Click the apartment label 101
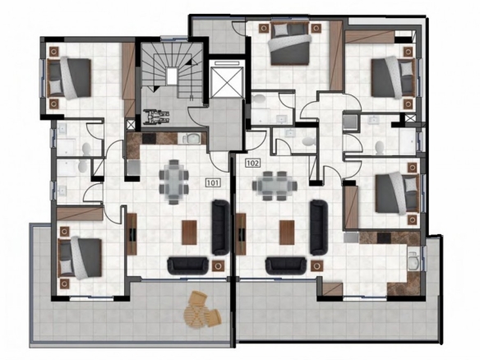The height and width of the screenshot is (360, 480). tap(212, 183)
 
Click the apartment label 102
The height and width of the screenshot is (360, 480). tap(253, 163)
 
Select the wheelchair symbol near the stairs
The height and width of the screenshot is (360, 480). tap(157, 117)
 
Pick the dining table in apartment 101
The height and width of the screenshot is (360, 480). tap(173, 182)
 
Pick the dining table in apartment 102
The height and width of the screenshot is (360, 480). tap(275, 186)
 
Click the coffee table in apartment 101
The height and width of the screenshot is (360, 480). tap(190, 233)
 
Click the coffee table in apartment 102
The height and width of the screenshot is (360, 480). tap(287, 233)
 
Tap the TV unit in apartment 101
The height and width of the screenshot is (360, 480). tap(132, 234)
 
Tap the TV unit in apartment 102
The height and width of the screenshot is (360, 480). tap(241, 234)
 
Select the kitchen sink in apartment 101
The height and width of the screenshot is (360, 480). tap(191, 139)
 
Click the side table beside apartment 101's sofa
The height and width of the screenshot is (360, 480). tap(218, 265)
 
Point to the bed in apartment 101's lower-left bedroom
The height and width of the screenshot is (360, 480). tap(81, 258)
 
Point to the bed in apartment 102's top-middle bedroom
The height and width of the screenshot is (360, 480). tap(289, 44)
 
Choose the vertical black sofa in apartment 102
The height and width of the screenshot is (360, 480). tap(319, 228)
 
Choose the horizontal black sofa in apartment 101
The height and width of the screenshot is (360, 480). tap(187, 265)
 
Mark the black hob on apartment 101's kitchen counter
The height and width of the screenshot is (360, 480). tap(150, 138)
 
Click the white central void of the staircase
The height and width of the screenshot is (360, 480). tap(172, 76)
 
